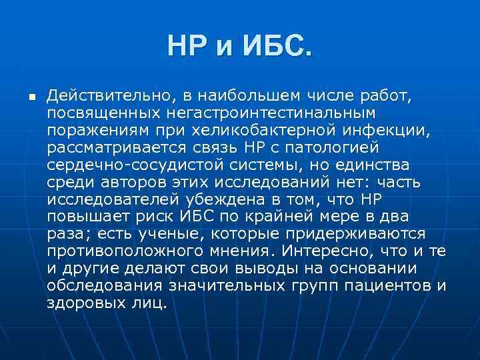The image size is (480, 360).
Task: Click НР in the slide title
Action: point(187,47)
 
